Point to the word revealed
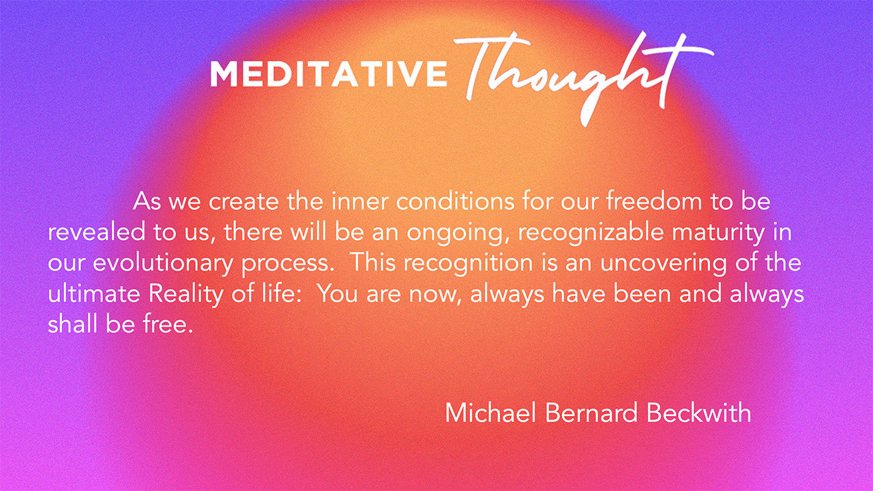pos(96,233)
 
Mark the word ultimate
pos(93,294)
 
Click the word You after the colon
pos(338,294)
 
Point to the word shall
pos(72,324)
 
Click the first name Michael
pos(490,413)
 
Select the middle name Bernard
pos(591,413)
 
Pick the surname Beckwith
pos(699,413)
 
